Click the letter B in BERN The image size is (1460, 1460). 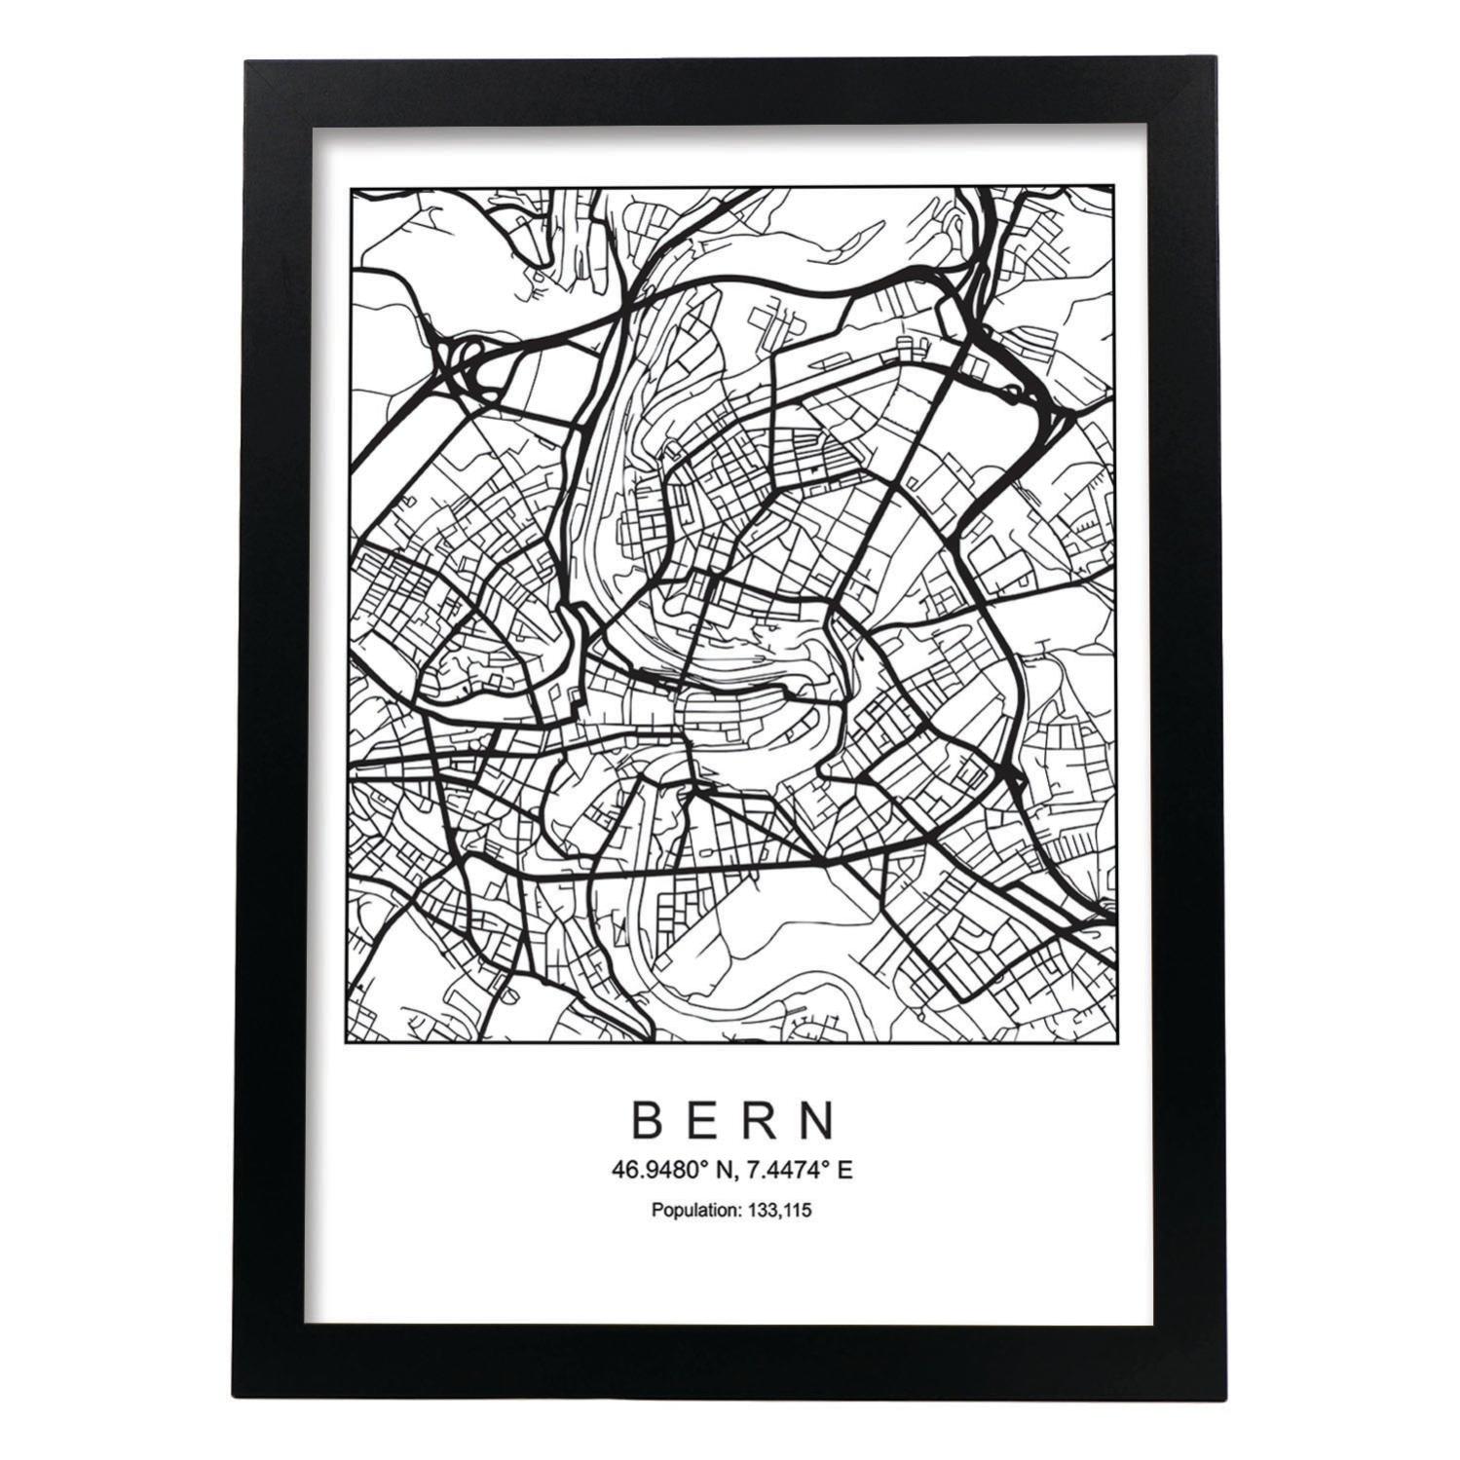pos(650,1121)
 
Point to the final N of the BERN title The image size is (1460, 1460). pos(819,1121)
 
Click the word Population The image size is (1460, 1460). pos(694,1212)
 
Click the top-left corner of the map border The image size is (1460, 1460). pos(351,184)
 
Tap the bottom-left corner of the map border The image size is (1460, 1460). pos(351,1042)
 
